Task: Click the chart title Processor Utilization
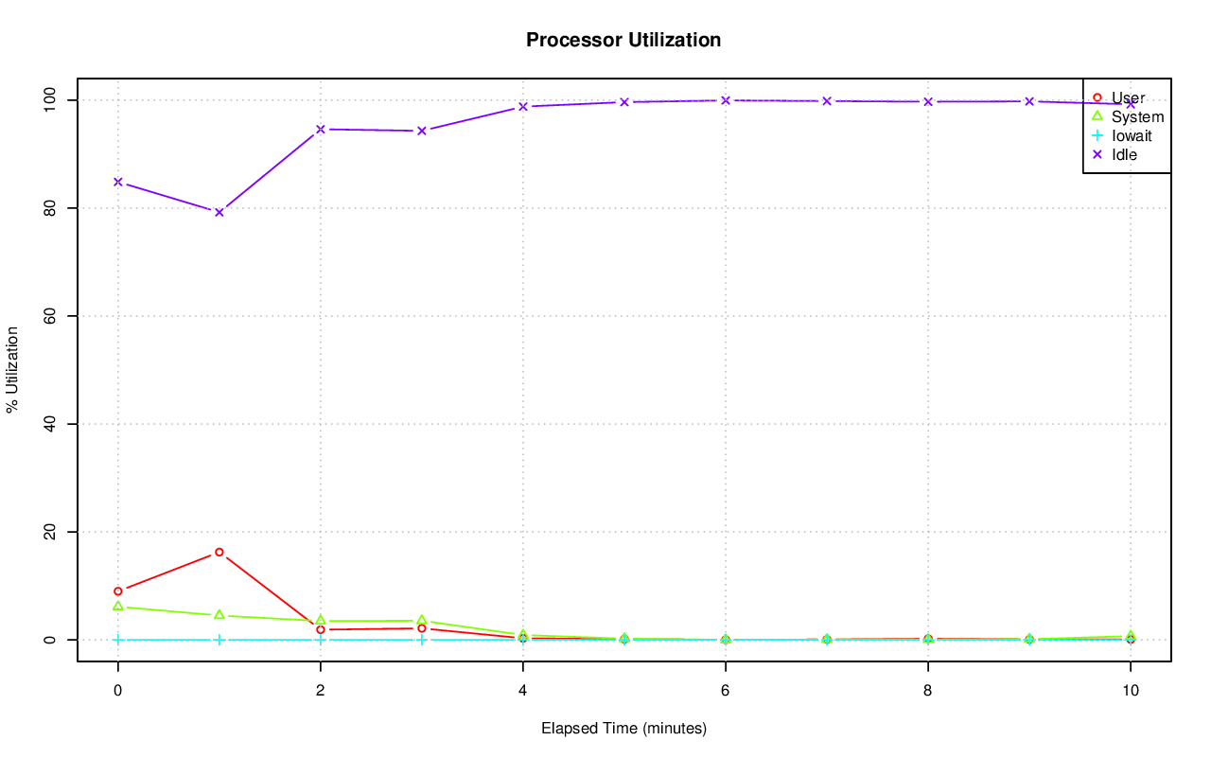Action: click(623, 40)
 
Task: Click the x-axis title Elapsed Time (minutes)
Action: click(623, 729)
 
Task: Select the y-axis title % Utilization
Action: click(12, 369)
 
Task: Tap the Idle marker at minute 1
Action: click(219, 212)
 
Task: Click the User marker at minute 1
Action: click(219, 552)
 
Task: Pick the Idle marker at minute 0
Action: click(117, 182)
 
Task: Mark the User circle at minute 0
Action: click(117, 591)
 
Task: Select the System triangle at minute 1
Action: click(219, 615)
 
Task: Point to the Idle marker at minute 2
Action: click(320, 129)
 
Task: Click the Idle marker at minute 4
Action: click(522, 107)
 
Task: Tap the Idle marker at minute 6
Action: click(725, 100)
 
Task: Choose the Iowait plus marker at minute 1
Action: click(219, 640)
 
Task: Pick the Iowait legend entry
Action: click(1132, 135)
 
